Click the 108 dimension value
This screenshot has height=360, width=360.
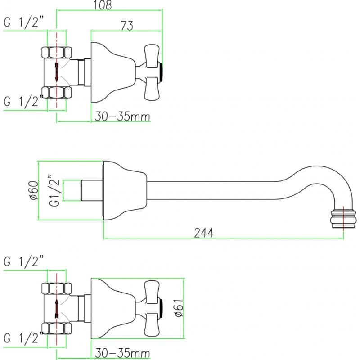(103, 5)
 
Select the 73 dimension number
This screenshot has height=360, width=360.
(127, 26)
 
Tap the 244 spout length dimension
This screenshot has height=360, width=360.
(204, 233)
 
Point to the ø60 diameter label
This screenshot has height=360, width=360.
(34, 190)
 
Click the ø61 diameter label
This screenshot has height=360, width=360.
(179, 308)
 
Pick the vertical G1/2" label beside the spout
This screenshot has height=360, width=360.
(54, 190)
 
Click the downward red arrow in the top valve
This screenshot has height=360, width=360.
(57, 72)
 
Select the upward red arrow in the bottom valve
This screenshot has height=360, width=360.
(57, 309)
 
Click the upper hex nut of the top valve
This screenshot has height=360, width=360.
(57, 53)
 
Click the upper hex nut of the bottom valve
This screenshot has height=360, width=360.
(57, 288)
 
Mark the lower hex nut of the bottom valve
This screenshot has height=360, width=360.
(57, 328)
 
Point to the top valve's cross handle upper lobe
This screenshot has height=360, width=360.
(152, 56)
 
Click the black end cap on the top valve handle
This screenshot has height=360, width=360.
(161, 72)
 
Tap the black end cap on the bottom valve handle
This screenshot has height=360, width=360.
(161, 309)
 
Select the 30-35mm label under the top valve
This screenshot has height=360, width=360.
(122, 117)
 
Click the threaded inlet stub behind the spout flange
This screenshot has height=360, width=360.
(92, 190)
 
